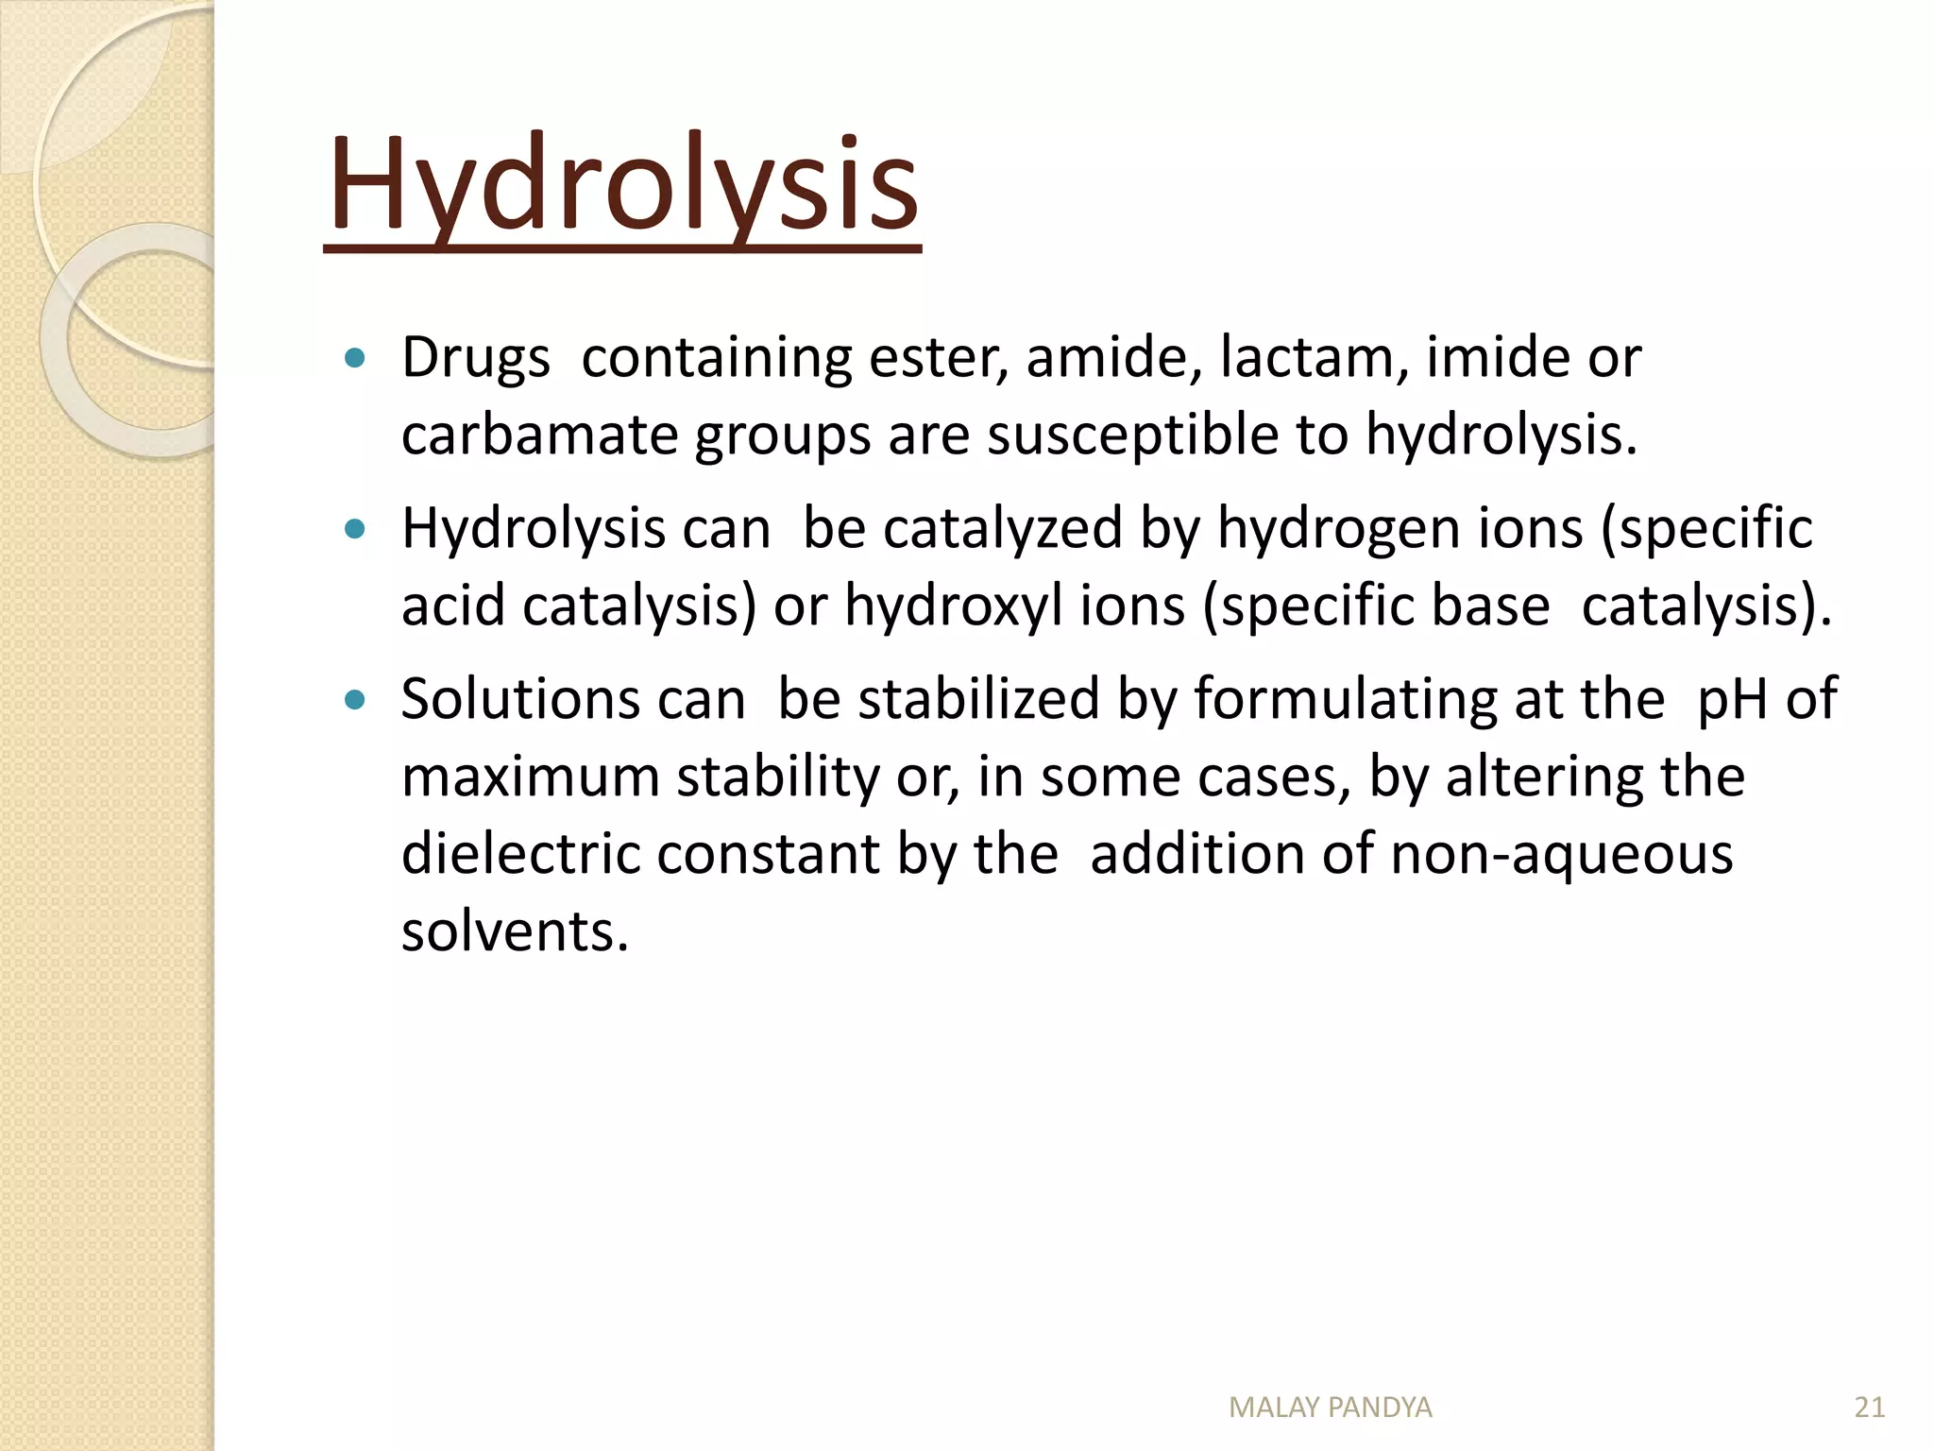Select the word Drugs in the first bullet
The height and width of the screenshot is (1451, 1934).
475,359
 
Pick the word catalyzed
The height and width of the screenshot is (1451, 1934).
1002,528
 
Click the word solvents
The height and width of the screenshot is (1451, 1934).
515,931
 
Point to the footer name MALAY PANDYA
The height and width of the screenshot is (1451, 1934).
1330,1408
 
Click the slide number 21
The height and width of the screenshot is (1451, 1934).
1869,1408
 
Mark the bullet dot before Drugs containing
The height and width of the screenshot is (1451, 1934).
355,359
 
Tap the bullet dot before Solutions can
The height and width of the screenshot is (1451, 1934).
355,700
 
